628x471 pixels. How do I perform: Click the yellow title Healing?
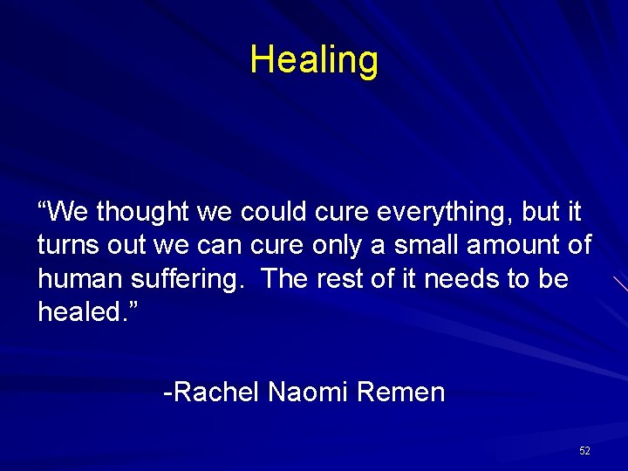(x=314, y=60)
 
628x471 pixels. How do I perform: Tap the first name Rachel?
(x=215, y=392)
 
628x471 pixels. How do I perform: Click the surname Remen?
(x=401, y=392)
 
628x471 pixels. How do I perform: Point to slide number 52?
(x=584, y=450)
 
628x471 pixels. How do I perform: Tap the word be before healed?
(x=551, y=279)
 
